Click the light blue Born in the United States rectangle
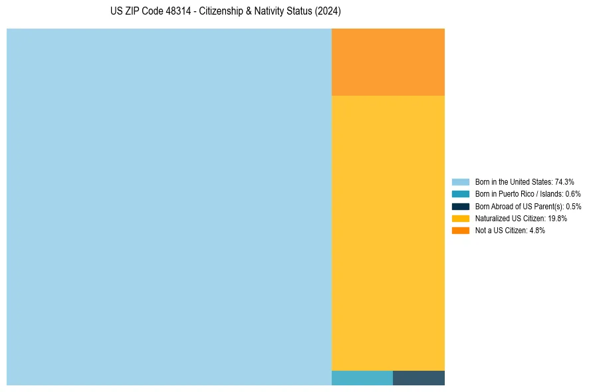[169, 207]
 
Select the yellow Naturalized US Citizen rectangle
[388, 233]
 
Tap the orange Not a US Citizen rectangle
[388, 62]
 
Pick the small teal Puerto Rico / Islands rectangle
[362, 378]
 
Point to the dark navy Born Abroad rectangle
[419, 378]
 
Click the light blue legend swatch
[461, 181]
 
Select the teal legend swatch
[461, 194]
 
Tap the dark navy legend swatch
[461, 206]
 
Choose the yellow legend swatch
[461, 218]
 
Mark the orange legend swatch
[461, 231]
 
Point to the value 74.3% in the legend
[564, 181]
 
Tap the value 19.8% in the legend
[557, 219]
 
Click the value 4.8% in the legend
[536, 231]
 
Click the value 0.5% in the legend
[573, 207]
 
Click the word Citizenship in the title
[223, 12]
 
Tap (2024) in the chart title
[328, 12]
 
